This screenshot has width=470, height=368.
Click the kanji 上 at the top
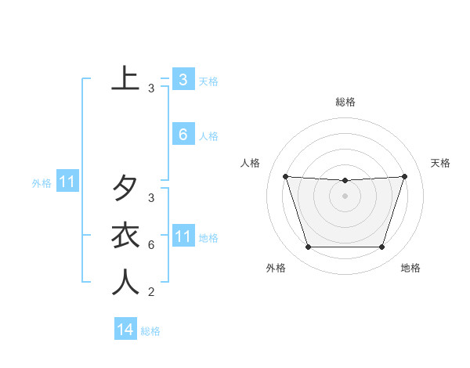point(125,78)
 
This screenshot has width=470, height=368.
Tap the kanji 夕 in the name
point(125,188)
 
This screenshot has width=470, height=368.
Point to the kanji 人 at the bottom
point(125,282)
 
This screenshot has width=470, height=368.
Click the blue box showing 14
point(125,330)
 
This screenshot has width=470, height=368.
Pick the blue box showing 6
point(183,135)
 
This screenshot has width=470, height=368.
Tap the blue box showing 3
point(183,80)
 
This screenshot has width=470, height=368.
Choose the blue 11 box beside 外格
point(67,182)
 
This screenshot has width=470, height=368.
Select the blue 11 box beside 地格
point(183,236)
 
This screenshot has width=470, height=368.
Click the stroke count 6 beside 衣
point(150,245)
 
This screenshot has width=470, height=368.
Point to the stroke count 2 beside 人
point(150,292)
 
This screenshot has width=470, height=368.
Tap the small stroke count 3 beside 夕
point(150,198)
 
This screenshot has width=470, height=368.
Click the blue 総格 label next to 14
point(150,331)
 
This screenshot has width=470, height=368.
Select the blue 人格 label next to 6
point(208,136)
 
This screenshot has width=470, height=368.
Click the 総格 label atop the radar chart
point(345,102)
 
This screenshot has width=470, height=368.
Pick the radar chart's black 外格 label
point(276,268)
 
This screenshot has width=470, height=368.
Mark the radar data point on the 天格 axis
point(405,176)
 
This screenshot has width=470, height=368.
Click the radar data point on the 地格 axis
point(381,247)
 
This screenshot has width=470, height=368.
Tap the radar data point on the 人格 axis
point(285,176)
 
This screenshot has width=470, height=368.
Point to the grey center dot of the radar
point(345,196)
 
